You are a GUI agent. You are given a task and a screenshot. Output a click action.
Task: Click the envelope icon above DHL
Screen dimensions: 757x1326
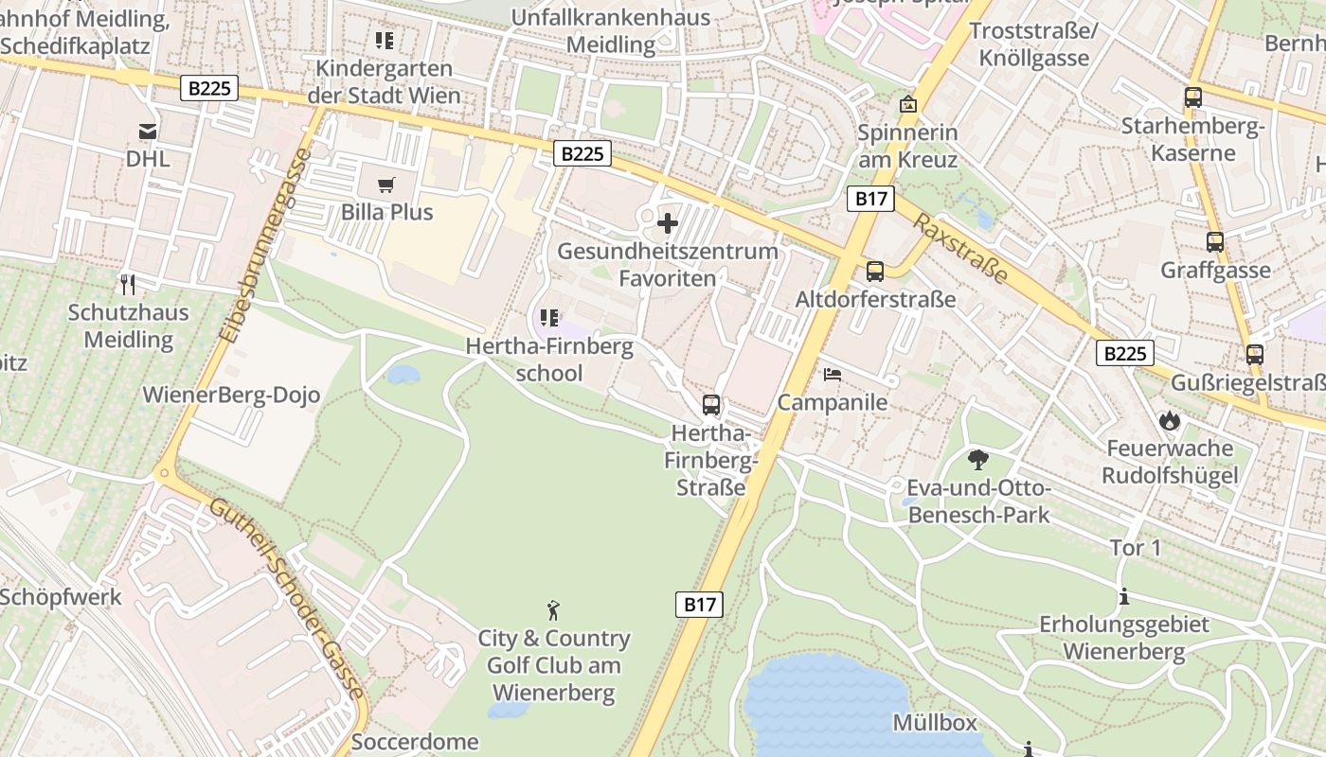coord(149,131)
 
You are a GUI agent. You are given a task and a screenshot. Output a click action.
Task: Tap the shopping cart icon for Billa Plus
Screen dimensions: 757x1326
coord(385,184)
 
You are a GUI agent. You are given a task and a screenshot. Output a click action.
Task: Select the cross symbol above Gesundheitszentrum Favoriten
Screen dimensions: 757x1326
coord(668,224)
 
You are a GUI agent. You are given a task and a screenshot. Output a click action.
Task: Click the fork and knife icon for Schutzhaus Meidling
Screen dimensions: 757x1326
coord(129,284)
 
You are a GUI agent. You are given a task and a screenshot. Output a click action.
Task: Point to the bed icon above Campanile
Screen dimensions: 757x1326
coord(833,375)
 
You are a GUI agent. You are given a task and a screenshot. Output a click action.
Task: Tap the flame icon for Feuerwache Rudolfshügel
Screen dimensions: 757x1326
coord(1170,420)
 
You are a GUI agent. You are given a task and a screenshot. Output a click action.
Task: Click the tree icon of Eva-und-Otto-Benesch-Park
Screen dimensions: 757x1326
coord(978,461)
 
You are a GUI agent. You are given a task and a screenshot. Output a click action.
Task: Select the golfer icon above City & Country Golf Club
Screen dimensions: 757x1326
coord(554,610)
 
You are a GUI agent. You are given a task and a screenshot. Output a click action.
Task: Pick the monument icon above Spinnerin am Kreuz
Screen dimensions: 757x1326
coord(908,104)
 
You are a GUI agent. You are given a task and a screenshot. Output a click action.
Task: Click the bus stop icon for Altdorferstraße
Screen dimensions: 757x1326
coord(875,272)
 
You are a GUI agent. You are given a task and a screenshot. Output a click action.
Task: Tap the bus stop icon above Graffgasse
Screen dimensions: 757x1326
coord(1215,242)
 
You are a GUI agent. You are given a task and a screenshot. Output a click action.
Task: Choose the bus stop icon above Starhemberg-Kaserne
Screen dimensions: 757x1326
coord(1193,97)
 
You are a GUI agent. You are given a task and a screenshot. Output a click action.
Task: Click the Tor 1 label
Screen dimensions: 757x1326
coord(1136,548)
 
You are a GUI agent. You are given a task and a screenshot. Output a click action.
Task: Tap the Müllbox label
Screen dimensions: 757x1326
coord(935,723)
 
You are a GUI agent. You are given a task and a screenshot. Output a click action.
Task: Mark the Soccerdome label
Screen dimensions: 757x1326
coord(415,742)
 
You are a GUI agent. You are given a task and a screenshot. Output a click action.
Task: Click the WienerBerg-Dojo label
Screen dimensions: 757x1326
coord(231,396)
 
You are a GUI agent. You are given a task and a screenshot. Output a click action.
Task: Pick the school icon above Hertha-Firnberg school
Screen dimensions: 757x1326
coord(548,319)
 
